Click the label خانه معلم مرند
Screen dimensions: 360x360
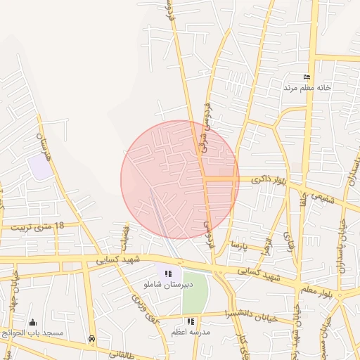coord(307,88)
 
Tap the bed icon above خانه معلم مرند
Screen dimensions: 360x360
coord(306,77)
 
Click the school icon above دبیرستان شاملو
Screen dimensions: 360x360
coord(167,274)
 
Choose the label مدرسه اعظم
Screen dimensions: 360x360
coord(191,331)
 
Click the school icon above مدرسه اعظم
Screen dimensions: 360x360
coord(191,321)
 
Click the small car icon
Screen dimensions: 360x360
coord(92,339)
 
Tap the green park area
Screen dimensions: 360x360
coord(196,292)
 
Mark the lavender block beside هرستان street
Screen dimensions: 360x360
coord(39,167)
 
